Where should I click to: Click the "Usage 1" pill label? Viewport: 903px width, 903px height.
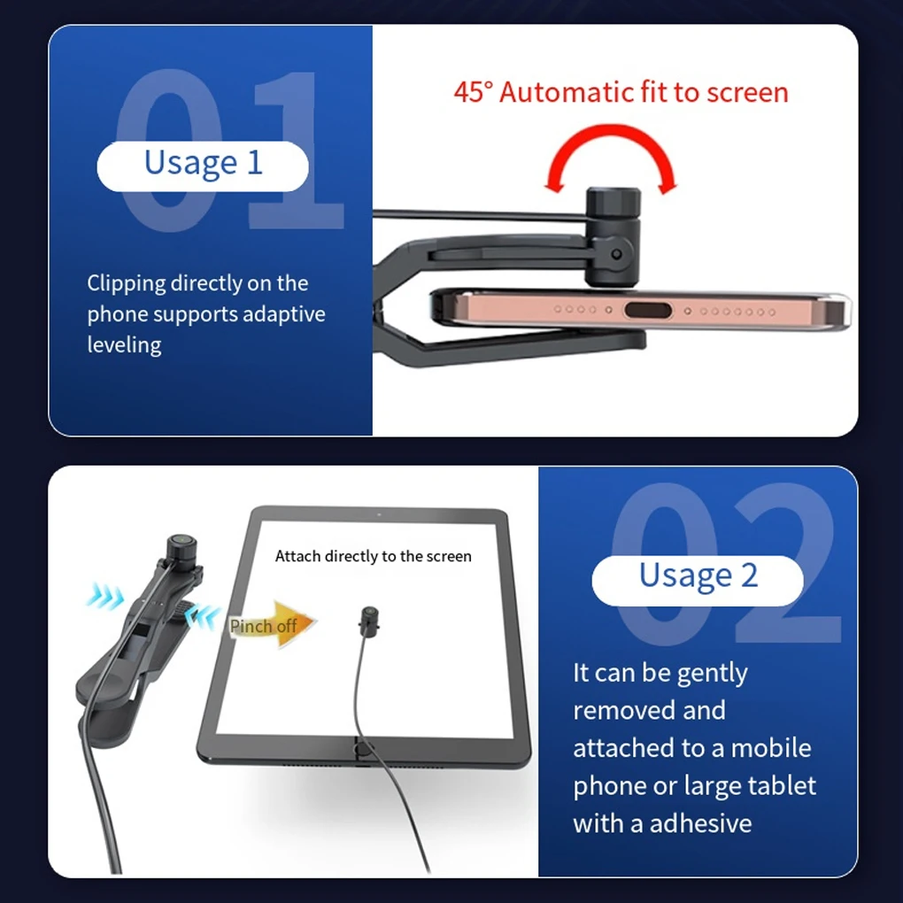click(203, 164)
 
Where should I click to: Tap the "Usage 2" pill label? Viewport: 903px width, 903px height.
click(698, 576)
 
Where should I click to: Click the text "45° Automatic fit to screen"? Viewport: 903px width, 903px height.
click(621, 92)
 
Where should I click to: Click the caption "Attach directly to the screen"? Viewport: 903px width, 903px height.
click(373, 556)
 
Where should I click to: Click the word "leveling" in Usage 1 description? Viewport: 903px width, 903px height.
click(124, 344)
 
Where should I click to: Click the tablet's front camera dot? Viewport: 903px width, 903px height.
click(378, 514)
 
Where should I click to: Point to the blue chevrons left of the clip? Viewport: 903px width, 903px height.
click(105, 598)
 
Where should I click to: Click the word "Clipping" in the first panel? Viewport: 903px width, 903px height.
click(126, 283)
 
